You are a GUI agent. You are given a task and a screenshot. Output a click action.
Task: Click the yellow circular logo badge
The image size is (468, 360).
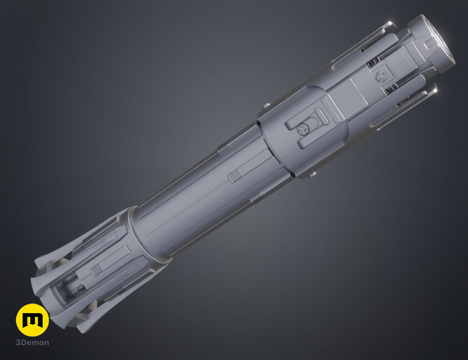32,320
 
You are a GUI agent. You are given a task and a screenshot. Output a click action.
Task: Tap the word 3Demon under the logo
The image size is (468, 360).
32,343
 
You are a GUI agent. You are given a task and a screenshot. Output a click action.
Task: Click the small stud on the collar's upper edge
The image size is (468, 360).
267,106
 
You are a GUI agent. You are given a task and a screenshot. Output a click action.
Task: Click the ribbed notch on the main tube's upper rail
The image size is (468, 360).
223,148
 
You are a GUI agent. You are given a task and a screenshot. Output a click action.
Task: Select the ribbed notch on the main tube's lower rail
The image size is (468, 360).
256,198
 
